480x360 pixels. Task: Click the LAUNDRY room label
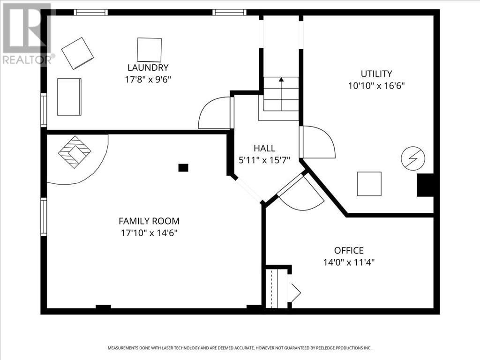coord(148,67)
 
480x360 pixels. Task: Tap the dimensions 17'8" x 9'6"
coord(148,80)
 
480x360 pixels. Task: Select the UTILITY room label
coord(376,74)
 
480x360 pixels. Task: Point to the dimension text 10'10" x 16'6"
coord(376,86)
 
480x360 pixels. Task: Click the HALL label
coord(264,148)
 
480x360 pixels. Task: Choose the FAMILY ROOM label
coord(149,221)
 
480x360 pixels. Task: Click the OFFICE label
coord(348,250)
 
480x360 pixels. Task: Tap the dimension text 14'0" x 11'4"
coord(348,262)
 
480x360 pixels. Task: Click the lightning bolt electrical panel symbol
coord(413,159)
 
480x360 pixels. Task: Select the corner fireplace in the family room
coord(75,152)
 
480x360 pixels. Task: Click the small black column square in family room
coord(183,167)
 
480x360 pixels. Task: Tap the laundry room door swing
coord(214,114)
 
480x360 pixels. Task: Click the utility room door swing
coord(319,142)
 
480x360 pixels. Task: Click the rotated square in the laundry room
coord(78,53)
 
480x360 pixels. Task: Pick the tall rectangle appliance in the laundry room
coord(69,97)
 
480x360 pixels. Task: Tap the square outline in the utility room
coord(369,184)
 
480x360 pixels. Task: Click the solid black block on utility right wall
coord(425,185)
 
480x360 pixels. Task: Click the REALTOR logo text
coord(27,60)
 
